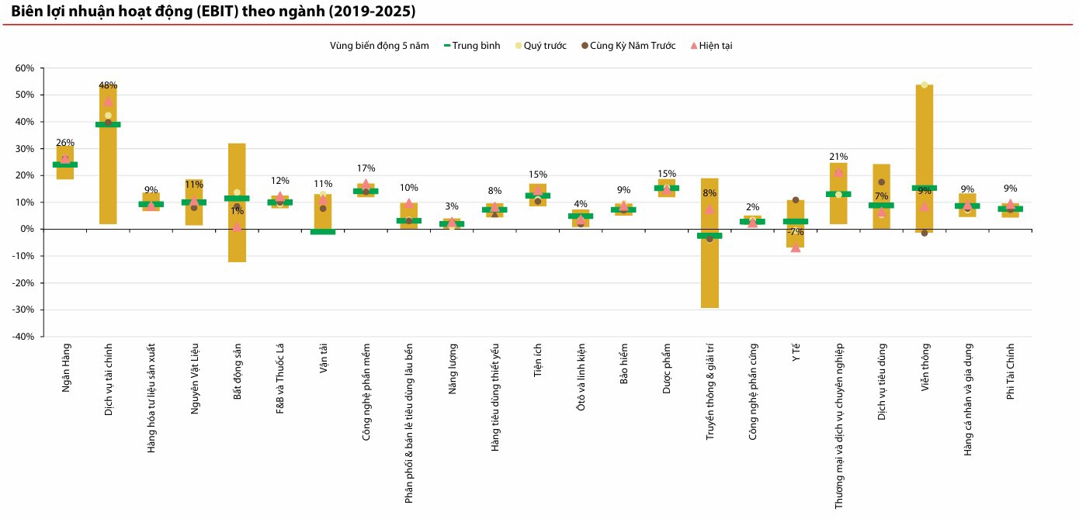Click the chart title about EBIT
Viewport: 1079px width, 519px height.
[x=213, y=12]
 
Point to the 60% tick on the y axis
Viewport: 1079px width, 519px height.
[x=25, y=68]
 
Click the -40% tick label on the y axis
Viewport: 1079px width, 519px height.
[x=23, y=337]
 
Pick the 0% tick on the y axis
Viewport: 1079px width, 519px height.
[x=27, y=229]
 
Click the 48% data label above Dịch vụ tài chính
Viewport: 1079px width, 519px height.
[x=108, y=85]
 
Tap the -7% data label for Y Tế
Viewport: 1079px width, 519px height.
[x=795, y=232]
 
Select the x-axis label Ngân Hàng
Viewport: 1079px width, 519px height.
[x=66, y=366]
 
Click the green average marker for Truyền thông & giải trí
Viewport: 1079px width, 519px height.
[x=710, y=236]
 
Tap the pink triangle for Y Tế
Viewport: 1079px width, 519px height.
[x=796, y=247]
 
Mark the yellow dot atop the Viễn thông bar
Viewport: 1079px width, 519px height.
[x=925, y=85]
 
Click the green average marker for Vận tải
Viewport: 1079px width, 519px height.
[x=323, y=232]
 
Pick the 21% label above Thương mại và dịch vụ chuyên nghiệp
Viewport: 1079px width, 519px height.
[x=838, y=157]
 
